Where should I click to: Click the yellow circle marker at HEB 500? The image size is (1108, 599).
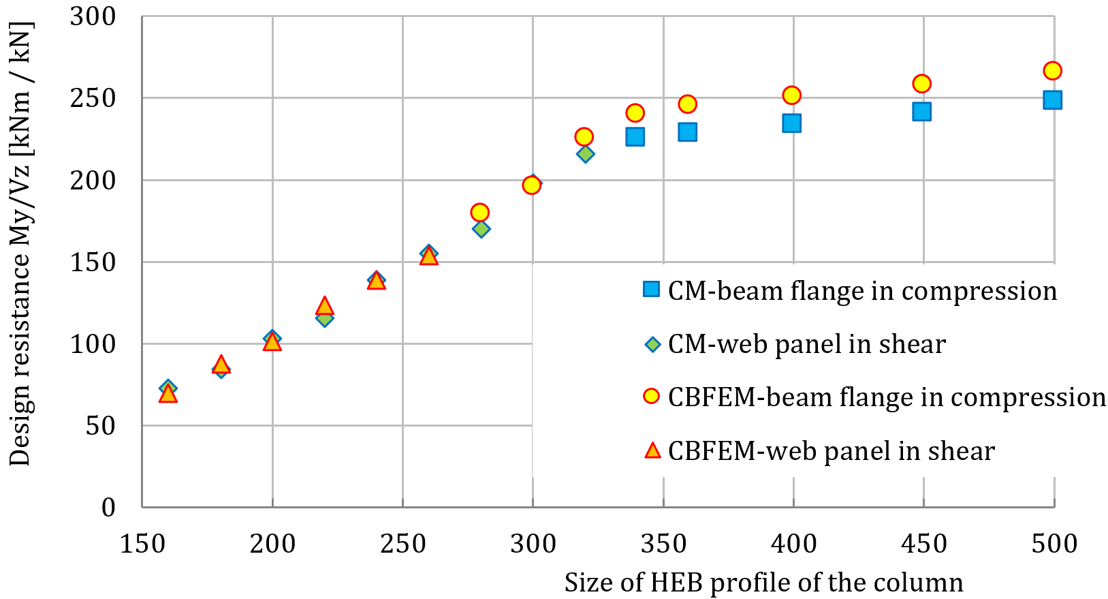point(1052,71)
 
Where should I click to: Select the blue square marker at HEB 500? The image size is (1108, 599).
point(1052,100)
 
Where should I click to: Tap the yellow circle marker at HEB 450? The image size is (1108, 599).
point(921,84)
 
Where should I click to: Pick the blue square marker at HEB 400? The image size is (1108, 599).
point(791,123)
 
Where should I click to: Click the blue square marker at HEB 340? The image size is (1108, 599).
point(635,137)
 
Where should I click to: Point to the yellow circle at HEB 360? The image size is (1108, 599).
point(687,104)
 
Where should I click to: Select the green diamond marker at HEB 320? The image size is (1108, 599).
point(585,154)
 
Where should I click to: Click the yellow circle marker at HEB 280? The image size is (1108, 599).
point(480,213)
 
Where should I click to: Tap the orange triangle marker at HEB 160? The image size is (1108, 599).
point(168,394)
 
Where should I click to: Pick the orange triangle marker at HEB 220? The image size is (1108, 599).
point(325,306)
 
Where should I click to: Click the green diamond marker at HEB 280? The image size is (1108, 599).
point(481,229)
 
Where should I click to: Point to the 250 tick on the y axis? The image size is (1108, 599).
point(93,98)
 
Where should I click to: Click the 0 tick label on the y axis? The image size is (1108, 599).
point(108,507)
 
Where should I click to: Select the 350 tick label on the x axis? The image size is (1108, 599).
point(663,544)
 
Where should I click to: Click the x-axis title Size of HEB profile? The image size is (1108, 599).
point(763,583)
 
